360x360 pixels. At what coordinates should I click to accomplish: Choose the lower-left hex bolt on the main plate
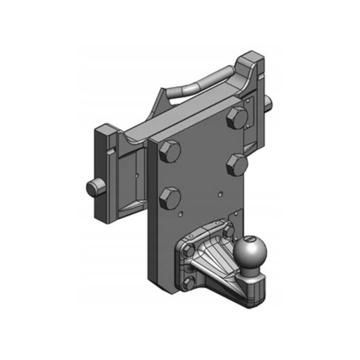170,198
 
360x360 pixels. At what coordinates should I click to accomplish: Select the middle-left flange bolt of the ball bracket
188,250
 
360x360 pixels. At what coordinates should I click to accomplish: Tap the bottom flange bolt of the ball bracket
189,283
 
